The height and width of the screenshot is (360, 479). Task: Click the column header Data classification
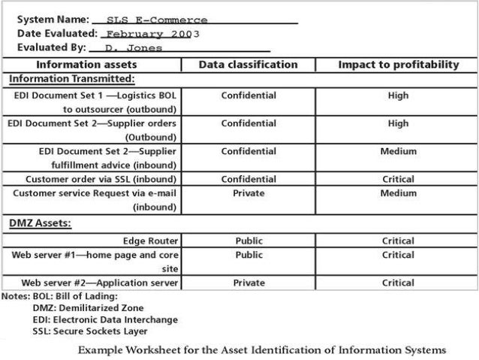[x=248, y=65]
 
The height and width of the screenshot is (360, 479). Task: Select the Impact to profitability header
[x=398, y=65]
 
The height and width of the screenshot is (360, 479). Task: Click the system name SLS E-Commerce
[x=157, y=20]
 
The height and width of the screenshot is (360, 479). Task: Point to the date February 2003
[x=152, y=35]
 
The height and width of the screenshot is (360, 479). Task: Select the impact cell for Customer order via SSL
[x=398, y=180]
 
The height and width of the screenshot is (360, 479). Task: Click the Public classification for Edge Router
[x=249, y=241]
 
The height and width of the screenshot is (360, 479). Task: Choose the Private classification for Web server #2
[x=249, y=283]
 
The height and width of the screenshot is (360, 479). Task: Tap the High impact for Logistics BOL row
[x=398, y=95]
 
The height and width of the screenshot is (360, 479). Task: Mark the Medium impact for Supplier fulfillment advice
[x=398, y=151]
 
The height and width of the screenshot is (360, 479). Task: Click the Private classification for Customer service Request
[x=249, y=193]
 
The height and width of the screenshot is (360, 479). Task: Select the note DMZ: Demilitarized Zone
[x=88, y=308]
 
